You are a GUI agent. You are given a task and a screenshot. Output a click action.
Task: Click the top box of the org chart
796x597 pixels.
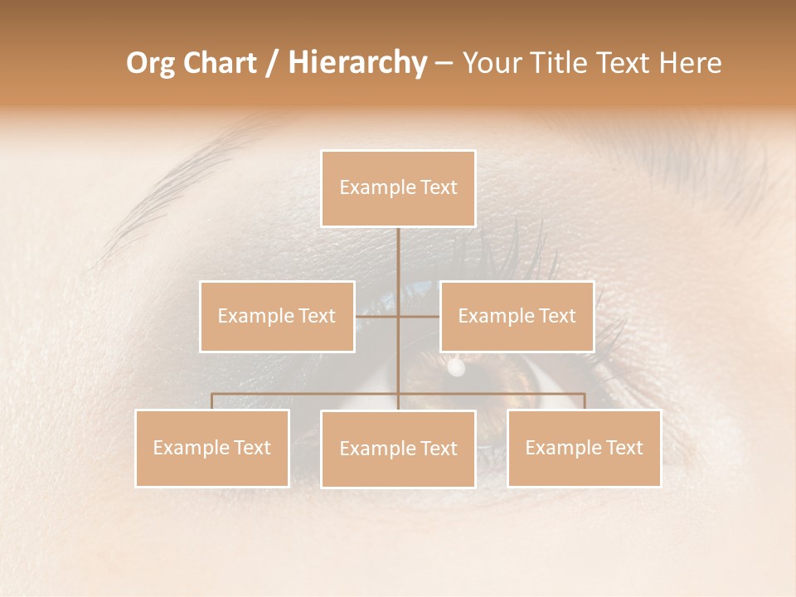click(x=398, y=188)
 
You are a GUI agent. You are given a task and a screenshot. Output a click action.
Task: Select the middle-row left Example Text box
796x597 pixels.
click(x=277, y=316)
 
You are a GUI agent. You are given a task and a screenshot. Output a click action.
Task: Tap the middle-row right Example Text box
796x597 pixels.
click(x=517, y=316)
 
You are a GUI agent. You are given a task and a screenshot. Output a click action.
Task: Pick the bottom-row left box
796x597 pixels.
click(x=212, y=448)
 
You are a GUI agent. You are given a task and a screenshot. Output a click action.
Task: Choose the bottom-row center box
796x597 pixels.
click(x=398, y=449)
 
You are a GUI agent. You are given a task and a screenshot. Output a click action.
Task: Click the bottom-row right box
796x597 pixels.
click(x=584, y=448)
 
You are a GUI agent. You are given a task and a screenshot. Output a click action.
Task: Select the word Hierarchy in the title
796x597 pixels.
click(x=357, y=63)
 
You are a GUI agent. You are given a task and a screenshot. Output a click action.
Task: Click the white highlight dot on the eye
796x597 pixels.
click(x=455, y=366)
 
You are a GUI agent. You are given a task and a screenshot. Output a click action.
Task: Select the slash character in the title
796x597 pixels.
click(x=271, y=63)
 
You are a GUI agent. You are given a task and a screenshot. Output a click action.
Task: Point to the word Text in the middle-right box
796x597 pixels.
click(x=556, y=316)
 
